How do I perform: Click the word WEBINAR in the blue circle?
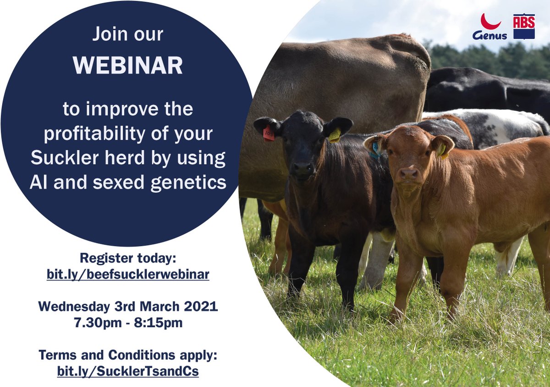(128, 65)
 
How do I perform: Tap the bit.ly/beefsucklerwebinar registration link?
(128, 274)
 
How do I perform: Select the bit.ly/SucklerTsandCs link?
(128, 371)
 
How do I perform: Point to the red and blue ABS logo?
(524, 27)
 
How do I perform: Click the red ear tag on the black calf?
(269, 134)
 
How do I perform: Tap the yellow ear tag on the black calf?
(335, 135)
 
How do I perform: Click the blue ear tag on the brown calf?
(375, 150)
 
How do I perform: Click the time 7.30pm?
(98, 323)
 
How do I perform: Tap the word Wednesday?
(74, 306)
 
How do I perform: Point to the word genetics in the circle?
(188, 183)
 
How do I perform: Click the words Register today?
(128, 258)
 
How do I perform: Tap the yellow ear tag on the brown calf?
(442, 150)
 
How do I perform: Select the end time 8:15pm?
(158, 323)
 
